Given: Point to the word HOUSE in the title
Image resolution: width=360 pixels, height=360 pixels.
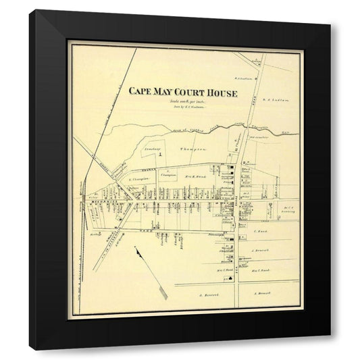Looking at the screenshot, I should (x=222, y=92).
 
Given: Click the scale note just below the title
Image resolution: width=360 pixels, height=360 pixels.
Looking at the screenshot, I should (x=178, y=101).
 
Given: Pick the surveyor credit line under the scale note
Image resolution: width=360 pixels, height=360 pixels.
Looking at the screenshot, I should (x=178, y=107).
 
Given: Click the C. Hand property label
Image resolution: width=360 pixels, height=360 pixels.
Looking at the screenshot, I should (x=260, y=231).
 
